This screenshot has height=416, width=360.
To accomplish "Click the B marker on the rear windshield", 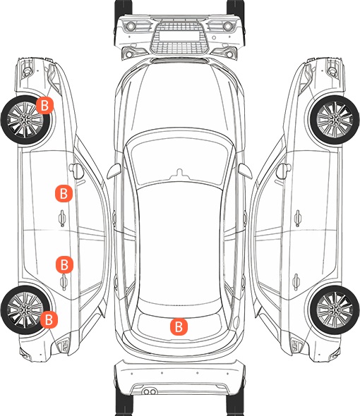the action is click(x=179, y=326).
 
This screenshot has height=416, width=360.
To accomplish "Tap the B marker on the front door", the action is click(x=64, y=193).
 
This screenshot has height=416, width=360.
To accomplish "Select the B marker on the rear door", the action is click(x=64, y=264).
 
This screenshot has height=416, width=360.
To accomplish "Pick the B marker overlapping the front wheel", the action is click(x=45, y=105).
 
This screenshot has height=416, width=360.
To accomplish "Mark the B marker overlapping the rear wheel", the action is click(x=49, y=319).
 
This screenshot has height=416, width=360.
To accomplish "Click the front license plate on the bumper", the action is click(x=179, y=35).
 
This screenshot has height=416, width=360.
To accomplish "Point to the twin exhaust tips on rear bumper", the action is click(x=150, y=391).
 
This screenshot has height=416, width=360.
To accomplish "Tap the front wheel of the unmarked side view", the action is click(x=334, y=120).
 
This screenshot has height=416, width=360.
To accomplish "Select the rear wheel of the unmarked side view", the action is click(x=334, y=310).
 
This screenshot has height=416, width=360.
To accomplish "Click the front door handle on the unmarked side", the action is click(x=298, y=218).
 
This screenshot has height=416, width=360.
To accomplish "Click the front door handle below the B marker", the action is click(x=62, y=218).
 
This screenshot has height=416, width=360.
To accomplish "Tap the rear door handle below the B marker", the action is click(x=64, y=282).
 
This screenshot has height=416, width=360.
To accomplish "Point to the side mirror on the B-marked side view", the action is click(x=76, y=171).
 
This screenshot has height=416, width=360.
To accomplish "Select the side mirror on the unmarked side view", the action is click(x=283, y=171).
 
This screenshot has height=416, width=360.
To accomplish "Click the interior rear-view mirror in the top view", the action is click(x=179, y=173).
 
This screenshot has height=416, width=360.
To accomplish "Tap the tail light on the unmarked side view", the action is click(x=296, y=345).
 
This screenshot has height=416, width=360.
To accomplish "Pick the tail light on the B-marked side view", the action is click(x=64, y=345).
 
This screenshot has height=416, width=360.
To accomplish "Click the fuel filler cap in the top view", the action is click(x=236, y=322).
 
